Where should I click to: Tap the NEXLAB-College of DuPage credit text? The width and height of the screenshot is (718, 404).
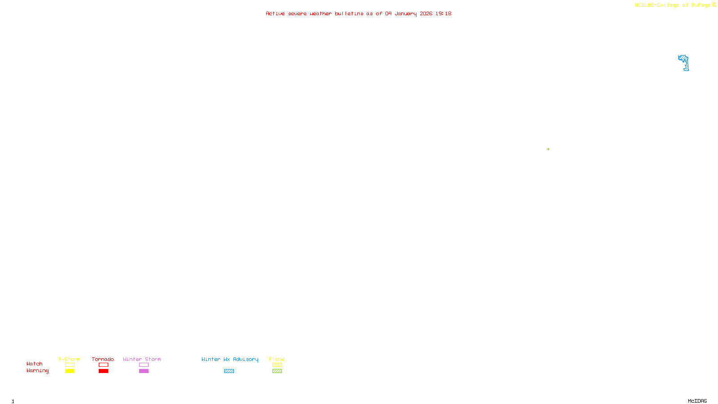672,5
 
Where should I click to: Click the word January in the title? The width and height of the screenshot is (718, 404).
405,14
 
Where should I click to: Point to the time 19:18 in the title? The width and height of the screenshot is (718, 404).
443,14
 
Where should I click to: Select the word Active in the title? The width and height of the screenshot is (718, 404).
275,14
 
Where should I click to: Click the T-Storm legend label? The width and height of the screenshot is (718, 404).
69,359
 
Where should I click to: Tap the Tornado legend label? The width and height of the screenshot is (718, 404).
103,359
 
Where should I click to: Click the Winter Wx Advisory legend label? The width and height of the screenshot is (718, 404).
230,359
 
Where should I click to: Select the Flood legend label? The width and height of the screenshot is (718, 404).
277,359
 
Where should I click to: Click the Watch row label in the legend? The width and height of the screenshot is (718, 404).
35,364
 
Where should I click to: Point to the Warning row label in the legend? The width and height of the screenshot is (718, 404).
37,371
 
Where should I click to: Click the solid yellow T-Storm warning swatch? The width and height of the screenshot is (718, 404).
70,371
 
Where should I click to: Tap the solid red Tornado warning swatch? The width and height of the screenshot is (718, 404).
104,371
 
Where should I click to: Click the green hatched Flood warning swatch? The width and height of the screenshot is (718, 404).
277,371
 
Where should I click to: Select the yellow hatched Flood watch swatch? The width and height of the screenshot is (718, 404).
277,365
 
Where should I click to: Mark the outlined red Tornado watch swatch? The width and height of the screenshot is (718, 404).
104,365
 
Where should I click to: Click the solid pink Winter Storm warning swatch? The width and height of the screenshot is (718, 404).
144,371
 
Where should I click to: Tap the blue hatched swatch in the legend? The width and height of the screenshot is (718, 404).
229,371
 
